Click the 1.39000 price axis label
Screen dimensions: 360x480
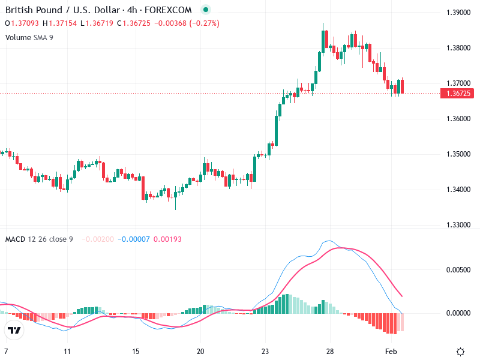tap(459, 13)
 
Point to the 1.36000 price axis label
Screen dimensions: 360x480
tap(459, 119)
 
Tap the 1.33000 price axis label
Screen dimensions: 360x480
tap(459, 225)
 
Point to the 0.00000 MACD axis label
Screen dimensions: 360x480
tap(459, 313)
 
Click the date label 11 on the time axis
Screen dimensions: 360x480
tap(68, 352)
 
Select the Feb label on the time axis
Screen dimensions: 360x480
tap(391, 352)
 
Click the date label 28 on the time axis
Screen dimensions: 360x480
tap(329, 352)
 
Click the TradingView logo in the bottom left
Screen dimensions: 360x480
tap(14, 330)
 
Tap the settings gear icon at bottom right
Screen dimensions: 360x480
tap(460, 352)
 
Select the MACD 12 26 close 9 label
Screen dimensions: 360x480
tap(39, 239)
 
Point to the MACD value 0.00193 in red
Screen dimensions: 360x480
tap(167, 239)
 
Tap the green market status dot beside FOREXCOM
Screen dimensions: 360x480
tap(206, 10)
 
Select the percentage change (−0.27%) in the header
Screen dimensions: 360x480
tap(205, 23)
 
